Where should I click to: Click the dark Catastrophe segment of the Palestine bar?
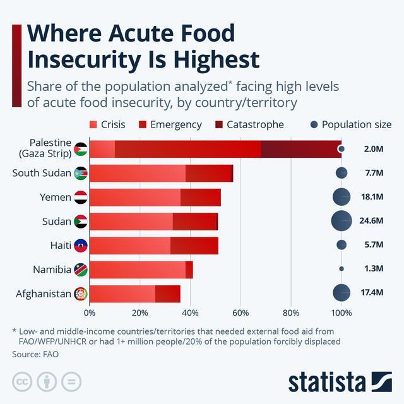point(301,149)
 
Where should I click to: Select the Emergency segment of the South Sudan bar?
point(209,174)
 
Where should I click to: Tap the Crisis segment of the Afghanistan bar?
point(122,294)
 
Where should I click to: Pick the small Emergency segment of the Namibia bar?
point(189,270)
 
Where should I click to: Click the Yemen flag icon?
point(81,198)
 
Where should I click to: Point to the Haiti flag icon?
point(81,246)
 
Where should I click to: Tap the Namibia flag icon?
point(81,270)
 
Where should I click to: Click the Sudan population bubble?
point(342,221)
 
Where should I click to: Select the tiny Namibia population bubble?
point(342,269)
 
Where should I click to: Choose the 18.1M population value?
point(372,197)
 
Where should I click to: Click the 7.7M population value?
point(374,173)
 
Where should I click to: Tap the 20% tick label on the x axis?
point(140,313)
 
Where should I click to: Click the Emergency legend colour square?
point(143,125)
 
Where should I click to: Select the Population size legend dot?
point(314,125)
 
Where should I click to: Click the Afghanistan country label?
point(44,294)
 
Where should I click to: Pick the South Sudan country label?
point(42,173)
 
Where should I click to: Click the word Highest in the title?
point(217,60)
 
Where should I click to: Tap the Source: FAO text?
point(35,354)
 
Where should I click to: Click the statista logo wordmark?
point(327,382)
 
